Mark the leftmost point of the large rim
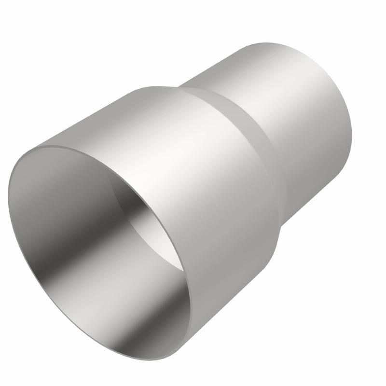click(x=9, y=193)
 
